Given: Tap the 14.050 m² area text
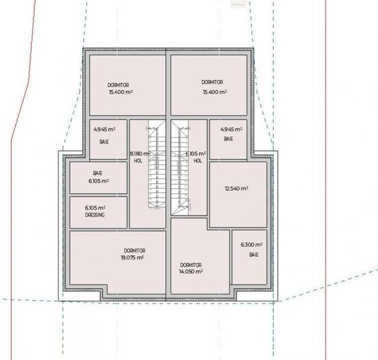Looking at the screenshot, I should (x=191, y=271).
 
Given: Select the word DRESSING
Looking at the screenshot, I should (x=95, y=215).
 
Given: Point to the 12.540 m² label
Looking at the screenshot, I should (x=236, y=189).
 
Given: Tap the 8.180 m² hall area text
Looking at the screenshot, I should (x=139, y=154).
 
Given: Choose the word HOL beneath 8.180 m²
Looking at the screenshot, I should (x=138, y=161).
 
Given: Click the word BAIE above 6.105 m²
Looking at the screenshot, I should (x=97, y=173).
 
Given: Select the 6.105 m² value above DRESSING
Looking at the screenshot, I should (x=95, y=208).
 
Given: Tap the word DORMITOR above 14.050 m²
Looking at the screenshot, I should (x=191, y=265).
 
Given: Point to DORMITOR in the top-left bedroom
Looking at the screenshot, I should (x=119, y=85).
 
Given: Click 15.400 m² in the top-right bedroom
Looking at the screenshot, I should (x=214, y=92).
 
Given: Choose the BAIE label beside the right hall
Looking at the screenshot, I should (x=228, y=139).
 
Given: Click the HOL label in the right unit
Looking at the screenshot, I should (x=198, y=161).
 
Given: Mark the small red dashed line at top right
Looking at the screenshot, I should (x=238, y=4).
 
